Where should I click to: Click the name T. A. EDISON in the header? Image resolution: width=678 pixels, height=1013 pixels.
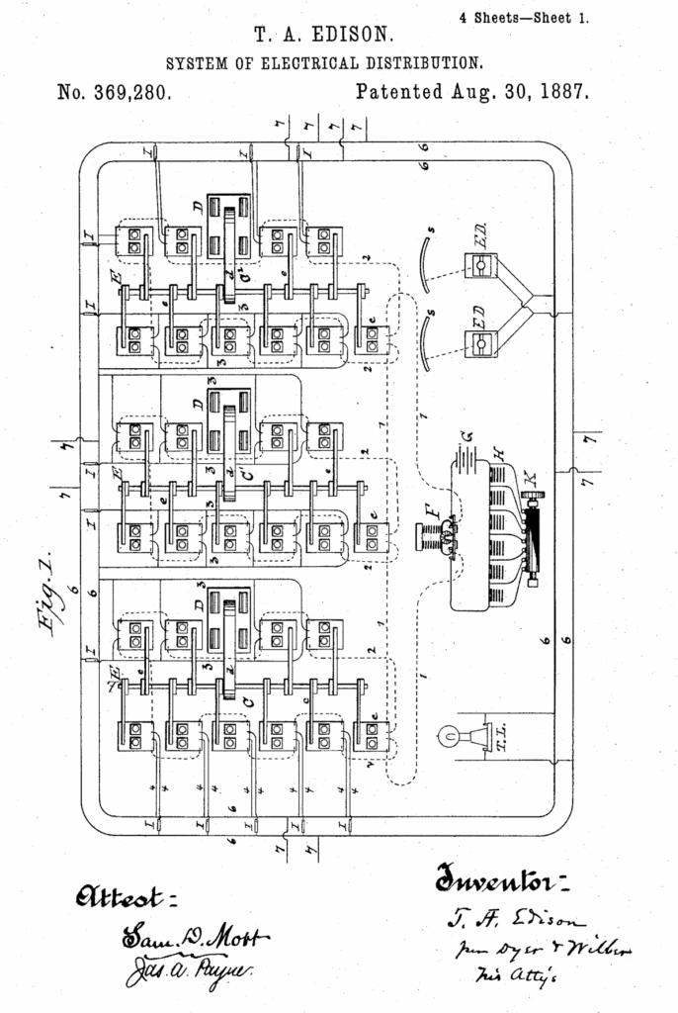(x=324, y=36)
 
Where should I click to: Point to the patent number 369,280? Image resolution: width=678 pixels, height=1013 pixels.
(x=117, y=94)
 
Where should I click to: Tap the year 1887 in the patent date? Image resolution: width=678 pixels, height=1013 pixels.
(x=562, y=94)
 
